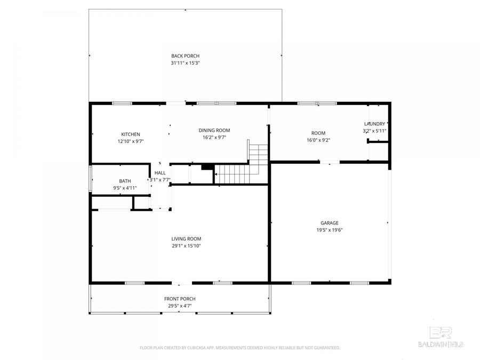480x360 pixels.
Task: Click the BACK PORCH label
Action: coord(185,56)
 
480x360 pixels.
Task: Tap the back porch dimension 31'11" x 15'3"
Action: coord(185,63)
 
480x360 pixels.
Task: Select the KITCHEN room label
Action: coord(131,134)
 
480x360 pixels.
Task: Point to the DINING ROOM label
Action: coord(214,131)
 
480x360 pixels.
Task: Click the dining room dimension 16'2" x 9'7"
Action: coord(214,138)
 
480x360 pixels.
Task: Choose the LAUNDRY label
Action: coord(374,124)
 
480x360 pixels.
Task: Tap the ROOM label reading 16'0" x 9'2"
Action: coord(318,133)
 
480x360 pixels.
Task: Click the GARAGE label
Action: coord(329,223)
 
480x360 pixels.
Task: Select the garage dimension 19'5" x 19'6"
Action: coord(329,230)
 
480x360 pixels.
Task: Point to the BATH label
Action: coord(125,181)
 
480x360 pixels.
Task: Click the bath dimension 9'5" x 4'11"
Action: coord(125,188)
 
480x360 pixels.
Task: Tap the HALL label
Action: coord(160,173)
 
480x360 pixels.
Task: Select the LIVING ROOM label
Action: coord(186,239)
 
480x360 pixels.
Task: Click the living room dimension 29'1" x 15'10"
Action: coord(186,246)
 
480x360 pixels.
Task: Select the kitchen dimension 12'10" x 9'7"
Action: coord(131,141)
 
